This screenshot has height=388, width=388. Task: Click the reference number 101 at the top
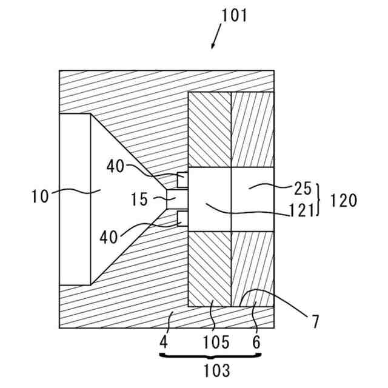point(234,15)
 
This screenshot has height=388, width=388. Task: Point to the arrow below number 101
point(215,40)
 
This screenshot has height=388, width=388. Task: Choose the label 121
point(301,210)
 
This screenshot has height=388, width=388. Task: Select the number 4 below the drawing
point(164,343)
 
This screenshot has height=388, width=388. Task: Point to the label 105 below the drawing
point(216,343)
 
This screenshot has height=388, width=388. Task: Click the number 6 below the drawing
point(256,343)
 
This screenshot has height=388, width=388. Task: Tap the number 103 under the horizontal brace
point(216,369)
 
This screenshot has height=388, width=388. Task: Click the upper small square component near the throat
point(182,180)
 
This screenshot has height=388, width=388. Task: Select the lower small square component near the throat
point(182,218)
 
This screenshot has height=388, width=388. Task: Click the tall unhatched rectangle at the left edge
point(75,199)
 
